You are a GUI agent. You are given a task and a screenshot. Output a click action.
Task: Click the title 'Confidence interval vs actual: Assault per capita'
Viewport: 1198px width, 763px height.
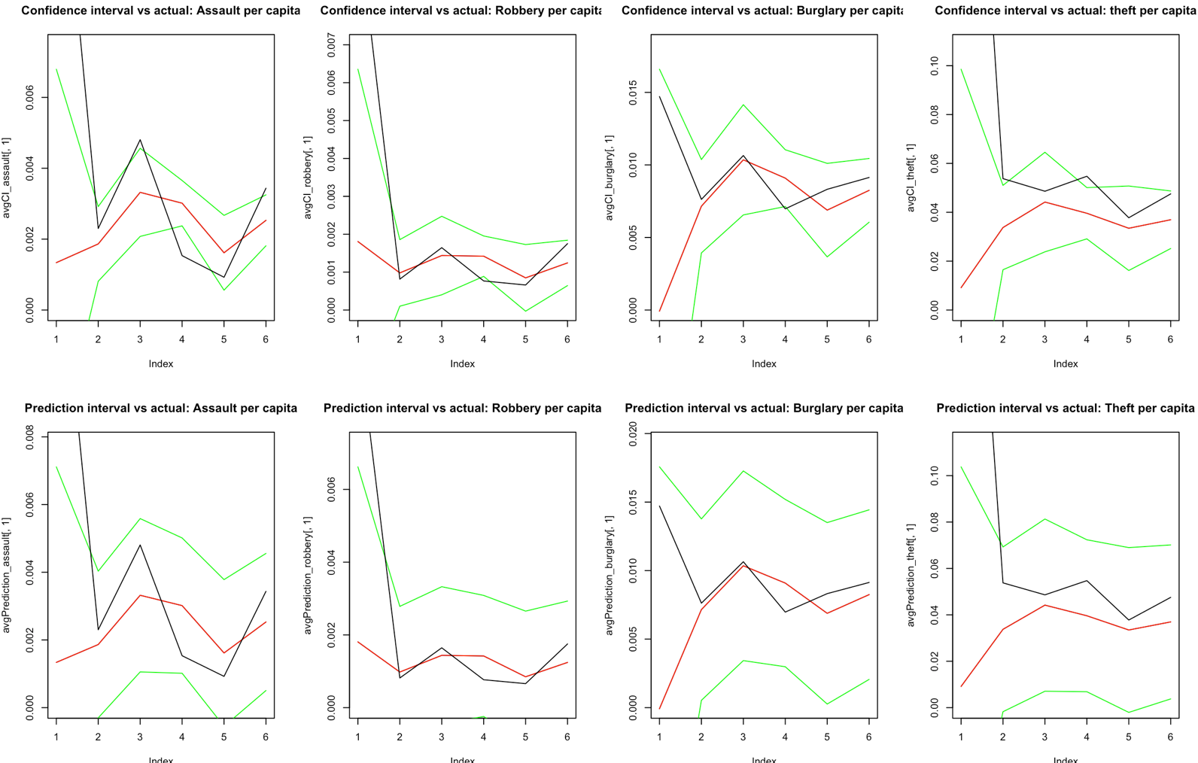160,11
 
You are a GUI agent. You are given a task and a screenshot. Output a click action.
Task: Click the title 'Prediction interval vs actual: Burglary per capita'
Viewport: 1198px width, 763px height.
764,408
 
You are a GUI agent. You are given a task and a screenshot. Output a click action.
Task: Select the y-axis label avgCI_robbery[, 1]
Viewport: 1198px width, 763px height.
307,178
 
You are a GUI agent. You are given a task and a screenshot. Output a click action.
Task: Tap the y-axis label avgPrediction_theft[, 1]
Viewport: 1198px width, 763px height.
911,575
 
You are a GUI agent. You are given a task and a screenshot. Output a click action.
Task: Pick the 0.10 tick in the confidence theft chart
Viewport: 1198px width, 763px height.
935,66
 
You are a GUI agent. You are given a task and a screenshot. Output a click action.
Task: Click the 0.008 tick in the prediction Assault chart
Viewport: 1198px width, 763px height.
30,438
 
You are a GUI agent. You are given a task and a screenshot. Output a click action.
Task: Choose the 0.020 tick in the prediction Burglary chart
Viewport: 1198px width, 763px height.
633,434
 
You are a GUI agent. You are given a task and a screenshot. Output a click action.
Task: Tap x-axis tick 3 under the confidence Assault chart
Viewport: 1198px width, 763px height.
140,339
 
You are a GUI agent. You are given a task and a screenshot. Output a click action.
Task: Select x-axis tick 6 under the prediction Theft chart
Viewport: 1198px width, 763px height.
1170,737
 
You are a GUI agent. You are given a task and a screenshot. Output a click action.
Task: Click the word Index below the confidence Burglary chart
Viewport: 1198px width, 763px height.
764,363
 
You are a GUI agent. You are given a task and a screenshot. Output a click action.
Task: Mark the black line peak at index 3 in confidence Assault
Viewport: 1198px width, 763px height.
140,140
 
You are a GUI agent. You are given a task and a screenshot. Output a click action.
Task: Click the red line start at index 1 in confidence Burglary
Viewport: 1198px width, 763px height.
660,311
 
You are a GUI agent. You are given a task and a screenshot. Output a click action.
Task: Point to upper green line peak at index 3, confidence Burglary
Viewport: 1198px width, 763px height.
743,105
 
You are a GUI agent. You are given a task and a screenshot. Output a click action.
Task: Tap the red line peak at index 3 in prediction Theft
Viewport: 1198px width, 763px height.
1044,605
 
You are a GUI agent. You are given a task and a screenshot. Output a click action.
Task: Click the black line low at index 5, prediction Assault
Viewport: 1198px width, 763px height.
223,676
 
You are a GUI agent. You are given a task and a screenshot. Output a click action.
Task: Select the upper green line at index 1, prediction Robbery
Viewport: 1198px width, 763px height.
358,467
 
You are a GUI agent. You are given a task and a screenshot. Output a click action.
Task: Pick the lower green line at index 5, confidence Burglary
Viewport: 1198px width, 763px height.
827,257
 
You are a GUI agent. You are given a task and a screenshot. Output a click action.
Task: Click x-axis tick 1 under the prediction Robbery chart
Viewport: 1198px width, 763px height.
358,737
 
